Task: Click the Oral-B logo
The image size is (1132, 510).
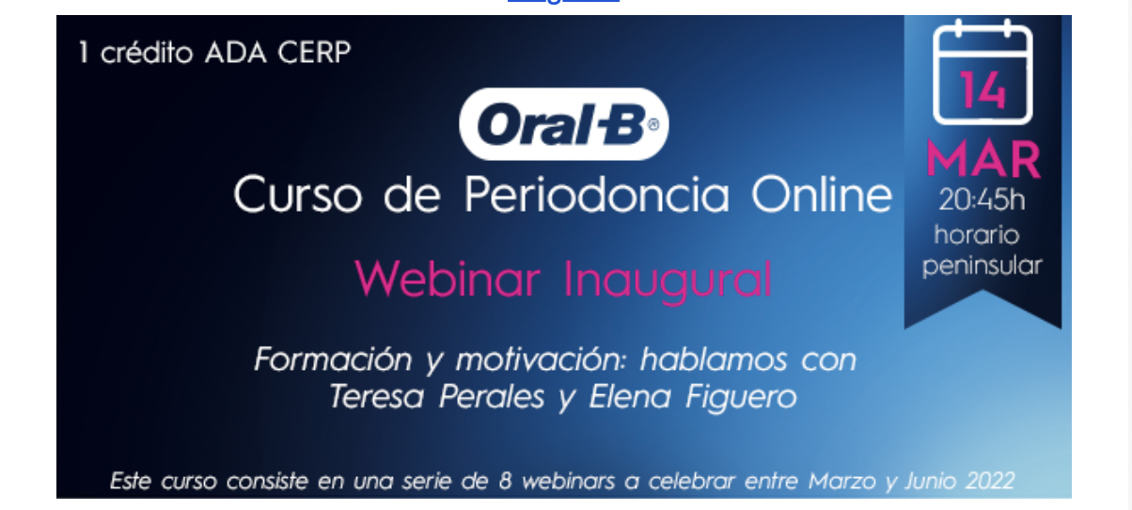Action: click(564, 124)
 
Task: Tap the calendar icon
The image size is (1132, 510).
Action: click(983, 72)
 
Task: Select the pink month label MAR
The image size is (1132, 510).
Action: click(983, 159)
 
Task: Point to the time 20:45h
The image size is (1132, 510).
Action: click(982, 199)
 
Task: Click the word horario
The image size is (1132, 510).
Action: click(976, 234)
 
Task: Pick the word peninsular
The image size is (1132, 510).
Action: click(982, 266)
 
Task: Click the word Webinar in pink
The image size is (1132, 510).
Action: click(448, 279)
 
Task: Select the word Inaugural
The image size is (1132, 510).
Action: click(668, 280)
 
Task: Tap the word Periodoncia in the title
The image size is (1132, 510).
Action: click(597, 194)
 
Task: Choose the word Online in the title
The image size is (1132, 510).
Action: click(823, 194)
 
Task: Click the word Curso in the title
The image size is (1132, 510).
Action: click(298, 194)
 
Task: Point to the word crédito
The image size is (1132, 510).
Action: click(147, 52)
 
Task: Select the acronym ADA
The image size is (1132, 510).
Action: click(235, 52)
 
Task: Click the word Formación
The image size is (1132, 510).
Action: click(333, 359)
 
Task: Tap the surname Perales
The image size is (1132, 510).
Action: click(492, 396)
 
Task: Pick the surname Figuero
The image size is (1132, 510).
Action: click(741, 398)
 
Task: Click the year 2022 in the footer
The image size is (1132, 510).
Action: click(989, 481)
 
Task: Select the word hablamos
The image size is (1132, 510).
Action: click(714, 359)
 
